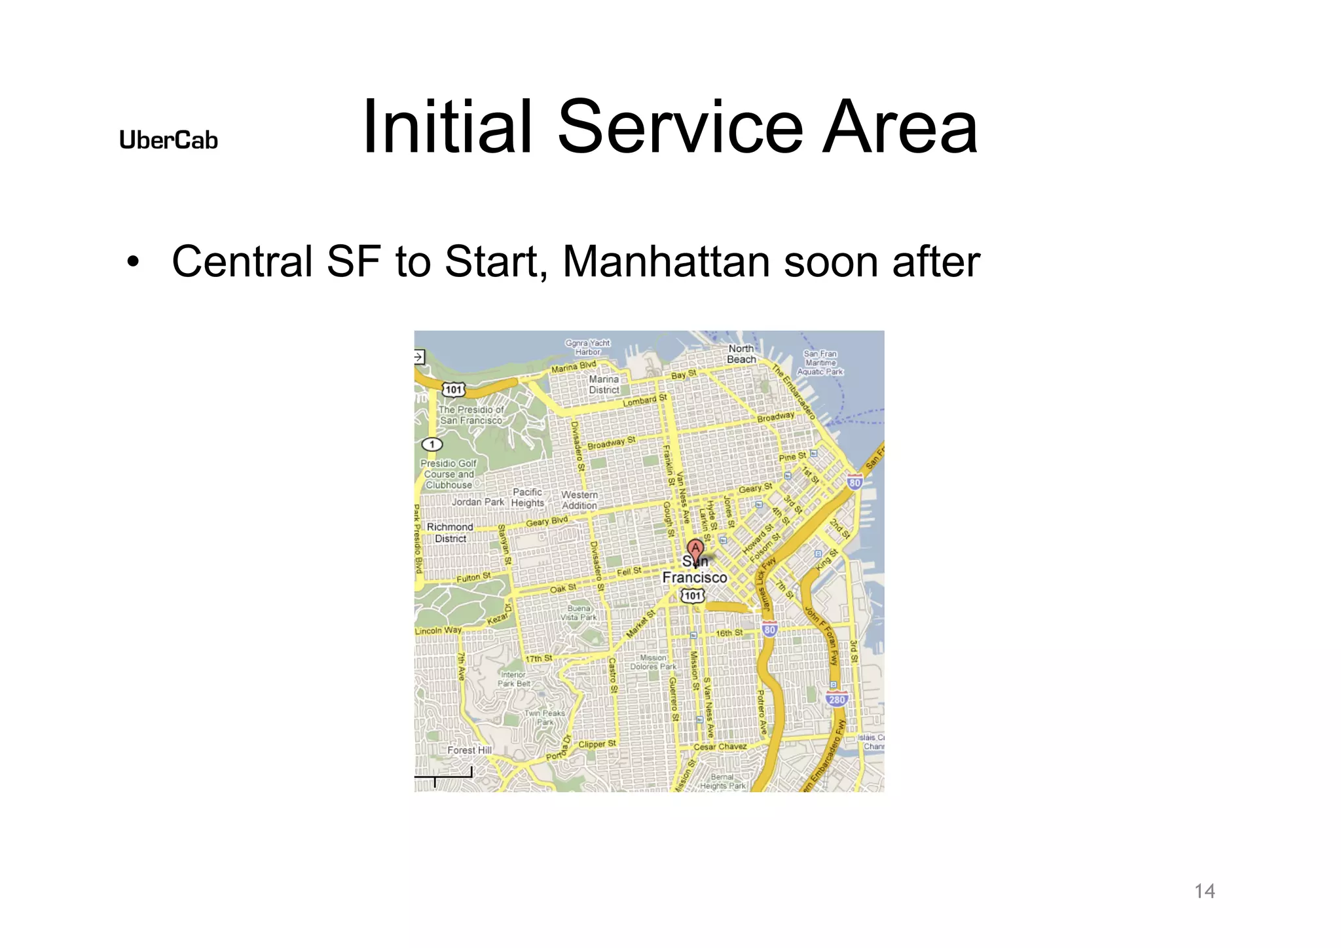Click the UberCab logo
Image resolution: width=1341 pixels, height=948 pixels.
pyautogui.click(x=168, y=140)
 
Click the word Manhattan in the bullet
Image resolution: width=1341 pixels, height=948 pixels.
pyautogui.click(x=666, y=262)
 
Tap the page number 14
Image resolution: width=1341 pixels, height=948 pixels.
pyautogui.click(x=1204, y=891)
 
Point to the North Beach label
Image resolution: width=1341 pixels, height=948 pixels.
pyautogui.click(x=741, y=354)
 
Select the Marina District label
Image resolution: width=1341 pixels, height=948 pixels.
pyautogui.click(x=604, y=384)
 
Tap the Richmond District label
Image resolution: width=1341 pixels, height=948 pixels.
pyautogui.click(x=450, y=532)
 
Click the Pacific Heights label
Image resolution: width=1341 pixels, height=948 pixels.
pyautogui.click(x=528, y=498)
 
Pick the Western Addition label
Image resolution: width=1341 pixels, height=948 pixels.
pyautogui.click(x=579, y=500)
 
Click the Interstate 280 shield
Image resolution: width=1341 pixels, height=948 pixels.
pyautogui.click(x=837, y=699)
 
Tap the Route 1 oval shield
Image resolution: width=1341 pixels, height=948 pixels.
pyautogui.click(x=432, y=444)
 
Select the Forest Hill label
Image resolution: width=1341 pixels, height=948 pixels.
pyautogui.click(x=469, y=750)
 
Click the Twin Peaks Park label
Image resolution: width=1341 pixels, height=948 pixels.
pyautogui.click(x=545, y=718)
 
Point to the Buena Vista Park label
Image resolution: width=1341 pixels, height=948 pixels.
pyautogui.click(x=579, y=613)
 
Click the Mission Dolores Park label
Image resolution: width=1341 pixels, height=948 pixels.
pyautogui.click(x=653, y=662)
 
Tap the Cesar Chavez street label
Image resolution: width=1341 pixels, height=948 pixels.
pyautogui.click(x=720, y=746)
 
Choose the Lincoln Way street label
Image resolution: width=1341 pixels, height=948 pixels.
pyautogui.click(x=438, y=630)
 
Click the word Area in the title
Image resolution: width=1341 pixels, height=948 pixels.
pyautogui.click(x=900, y=126)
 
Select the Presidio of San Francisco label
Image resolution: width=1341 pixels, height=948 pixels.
pyautogui.click(x=471, y=415)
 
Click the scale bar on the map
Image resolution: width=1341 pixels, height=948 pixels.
pyautogui.click(x=443, y=776)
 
